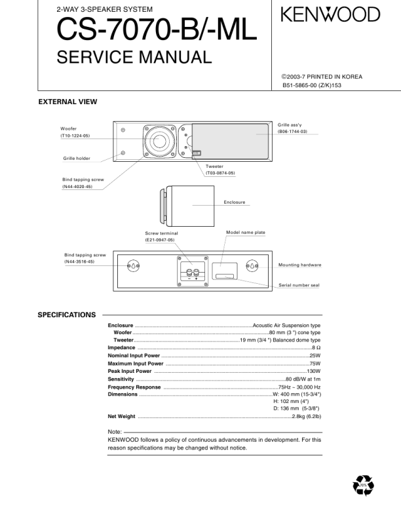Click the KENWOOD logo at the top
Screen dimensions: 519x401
click(x=330, y=14)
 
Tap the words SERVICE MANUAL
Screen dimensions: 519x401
click(x=134, y=58)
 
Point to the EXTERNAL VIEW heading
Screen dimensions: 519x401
click(x=67, y=102)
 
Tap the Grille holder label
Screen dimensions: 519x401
click(x=77, y=158)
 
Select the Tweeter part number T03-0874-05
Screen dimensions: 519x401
click(x=220, y=173)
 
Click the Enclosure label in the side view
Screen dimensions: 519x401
click(x=235, y=202)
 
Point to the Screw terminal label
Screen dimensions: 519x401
click(x=161, y=233)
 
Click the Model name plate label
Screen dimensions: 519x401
click(x=245, y=233)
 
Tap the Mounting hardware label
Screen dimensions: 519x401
click(x=299, y=265)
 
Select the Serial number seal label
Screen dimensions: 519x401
click(x=299, y=285)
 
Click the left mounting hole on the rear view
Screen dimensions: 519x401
click(x=134, y=267)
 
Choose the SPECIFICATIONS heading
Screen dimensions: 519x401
click(x=67, y=315)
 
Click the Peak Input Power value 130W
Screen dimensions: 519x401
click(x=313, y=371)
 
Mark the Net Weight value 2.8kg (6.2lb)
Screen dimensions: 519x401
click(x=306, y=416)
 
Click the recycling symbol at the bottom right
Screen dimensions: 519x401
click(x=363, y=486)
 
